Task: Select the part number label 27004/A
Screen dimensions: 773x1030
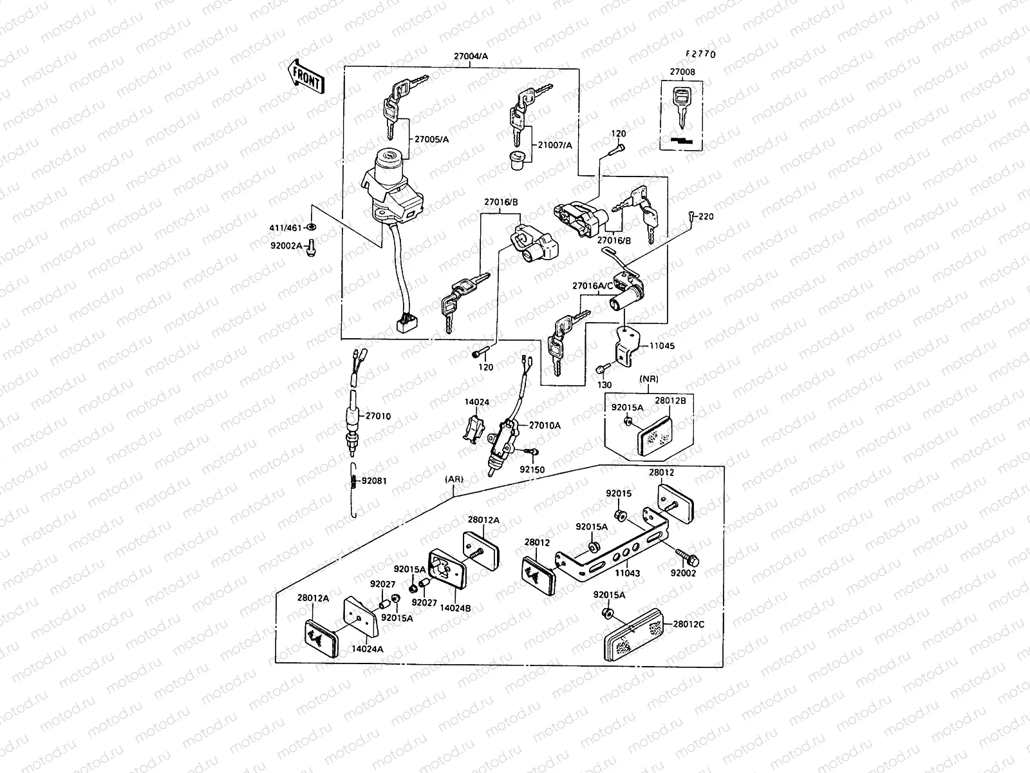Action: click(x=471, y=56)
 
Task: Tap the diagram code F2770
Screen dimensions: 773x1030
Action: click(x=700, y=54)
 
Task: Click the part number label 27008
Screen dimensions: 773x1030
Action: click(x=682, y=73)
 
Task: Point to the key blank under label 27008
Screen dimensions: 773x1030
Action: click(x=681, y=110)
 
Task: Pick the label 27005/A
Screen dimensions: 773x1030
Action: click(x=431, y=138)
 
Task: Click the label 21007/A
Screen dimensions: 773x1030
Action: click(x=554, y=146)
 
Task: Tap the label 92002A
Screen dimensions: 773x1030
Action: click(x=286, y=245)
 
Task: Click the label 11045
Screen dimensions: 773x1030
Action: click(x=661, y=346)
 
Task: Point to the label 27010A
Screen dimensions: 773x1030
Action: click(x=545, y=425)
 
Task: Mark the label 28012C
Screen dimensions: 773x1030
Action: click(x=689, y=624)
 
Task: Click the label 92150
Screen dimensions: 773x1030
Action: click(x=532, y=470)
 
